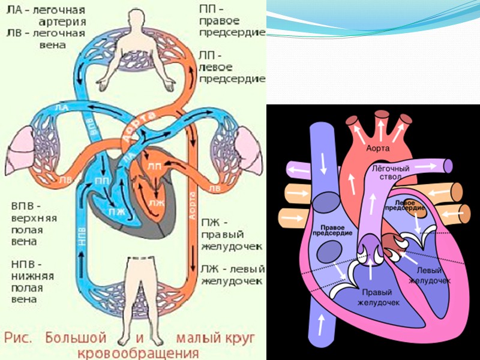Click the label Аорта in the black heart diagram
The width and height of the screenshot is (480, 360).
(x=379, y=148)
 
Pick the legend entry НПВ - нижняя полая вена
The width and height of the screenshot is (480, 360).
(x=33, y=282)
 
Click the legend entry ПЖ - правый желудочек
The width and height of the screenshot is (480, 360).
(x=232, y=234)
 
